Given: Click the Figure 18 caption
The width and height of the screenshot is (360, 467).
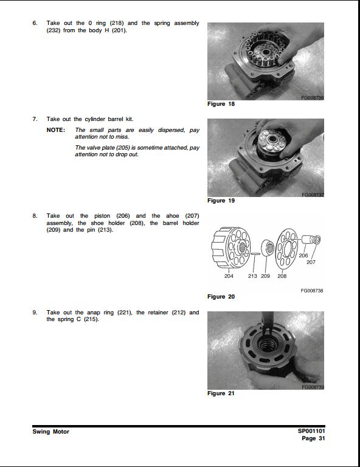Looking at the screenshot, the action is [x=221, y=104].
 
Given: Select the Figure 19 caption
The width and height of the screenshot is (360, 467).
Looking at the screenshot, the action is [x=221, y=201].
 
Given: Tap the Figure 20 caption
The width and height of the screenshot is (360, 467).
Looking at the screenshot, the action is [x=221, y=297].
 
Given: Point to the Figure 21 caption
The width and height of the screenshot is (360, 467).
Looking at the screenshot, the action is [x=221, y=393].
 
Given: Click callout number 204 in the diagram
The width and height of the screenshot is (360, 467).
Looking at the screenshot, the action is [x=229, y=276].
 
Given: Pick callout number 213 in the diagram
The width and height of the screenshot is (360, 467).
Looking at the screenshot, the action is [x=252, y=276].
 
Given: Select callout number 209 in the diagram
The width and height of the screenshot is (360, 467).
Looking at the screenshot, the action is [x=265, y=276].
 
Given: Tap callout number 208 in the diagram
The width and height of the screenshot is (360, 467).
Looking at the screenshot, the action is [x=282, y=276].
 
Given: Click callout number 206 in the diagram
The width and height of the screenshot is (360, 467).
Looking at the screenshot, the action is [x=303, y=255].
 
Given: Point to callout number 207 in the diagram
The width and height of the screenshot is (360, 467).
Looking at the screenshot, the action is [x=311, y=263].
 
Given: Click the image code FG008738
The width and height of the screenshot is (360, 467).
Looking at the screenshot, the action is [x=312, y=291].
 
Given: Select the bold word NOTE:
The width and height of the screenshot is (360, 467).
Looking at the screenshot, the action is [x=56, y=130].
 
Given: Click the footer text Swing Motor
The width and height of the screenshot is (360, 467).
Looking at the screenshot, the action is [x=51, y=432].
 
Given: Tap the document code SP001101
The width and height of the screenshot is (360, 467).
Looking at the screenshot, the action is [x=311, y=431].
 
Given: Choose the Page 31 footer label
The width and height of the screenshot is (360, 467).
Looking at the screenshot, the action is [x=313, y=438].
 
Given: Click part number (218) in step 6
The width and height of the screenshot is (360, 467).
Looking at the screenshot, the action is [x=117, y=23].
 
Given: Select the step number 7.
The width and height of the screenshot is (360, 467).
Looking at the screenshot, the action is [x=35, y=119].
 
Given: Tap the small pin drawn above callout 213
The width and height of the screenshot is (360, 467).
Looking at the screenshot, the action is [x=255, y=254].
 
